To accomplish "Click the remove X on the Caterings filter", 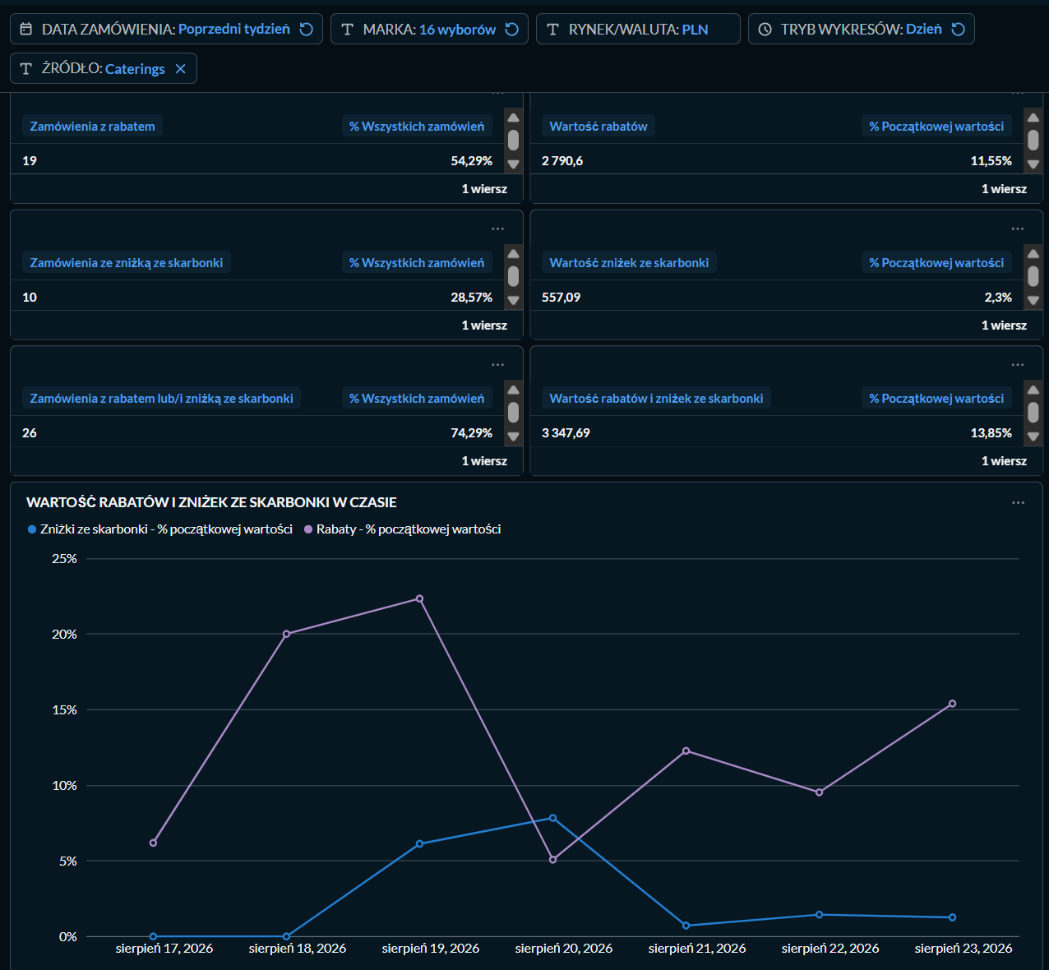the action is (181, 69).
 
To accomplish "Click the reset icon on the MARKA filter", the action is (511, 29).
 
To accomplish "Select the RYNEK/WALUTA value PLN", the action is (695, 29).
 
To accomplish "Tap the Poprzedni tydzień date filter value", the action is (234, 29).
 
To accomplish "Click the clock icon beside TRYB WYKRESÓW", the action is (765, 29).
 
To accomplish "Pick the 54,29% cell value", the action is (471, 160).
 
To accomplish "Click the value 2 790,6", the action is (562, 160).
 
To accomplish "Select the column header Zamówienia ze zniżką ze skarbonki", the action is (127, 262).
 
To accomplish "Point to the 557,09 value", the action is (561, 297).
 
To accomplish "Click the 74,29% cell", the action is (471, 432).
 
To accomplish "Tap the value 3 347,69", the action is (566, 432).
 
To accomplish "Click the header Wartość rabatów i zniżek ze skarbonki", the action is (656, 399).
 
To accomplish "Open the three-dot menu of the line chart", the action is (1018, 502).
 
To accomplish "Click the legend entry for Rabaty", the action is (403, 529).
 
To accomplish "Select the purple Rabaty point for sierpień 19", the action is (419, 598).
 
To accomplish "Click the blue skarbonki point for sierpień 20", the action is (553, 818).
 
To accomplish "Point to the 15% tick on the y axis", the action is (64, 709).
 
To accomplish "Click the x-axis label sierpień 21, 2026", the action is (697, 949).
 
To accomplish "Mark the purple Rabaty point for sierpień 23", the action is (952, 703).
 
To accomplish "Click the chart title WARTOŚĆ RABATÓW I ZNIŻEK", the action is (211, 502).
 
